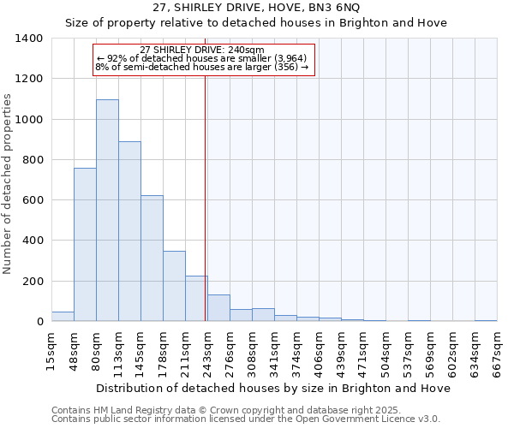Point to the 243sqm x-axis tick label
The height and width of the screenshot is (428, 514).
point(207,352)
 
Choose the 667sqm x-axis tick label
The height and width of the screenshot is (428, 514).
point(497,352)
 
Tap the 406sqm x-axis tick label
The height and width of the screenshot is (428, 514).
point(341,352)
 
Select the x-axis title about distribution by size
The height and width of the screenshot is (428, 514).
point(273,389)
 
